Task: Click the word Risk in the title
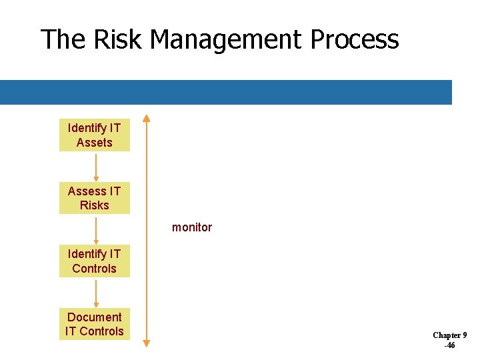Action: pyautogui.click(x=118, y=40)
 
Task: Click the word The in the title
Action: pyautogui.click(x=63, y=40)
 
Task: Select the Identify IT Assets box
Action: pyautogui.click(x=94, y=135)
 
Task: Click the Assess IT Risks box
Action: pyautogui.click(x=94, y=198)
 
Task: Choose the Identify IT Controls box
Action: pyautogui.click(x=94, y=261)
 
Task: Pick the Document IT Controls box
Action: pyautogui.click(x=94, y=324)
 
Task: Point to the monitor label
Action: pyautogui.click(x=192, y=227)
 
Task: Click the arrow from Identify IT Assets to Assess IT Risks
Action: pyautogui.click(x=95, y=167)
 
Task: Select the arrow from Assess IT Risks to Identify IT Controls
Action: pyautogui.click(x=95, y=230)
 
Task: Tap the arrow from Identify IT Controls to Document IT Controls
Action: pyautogui.click(x=95, y=293)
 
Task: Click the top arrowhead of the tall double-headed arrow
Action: pyautogui.click(x=147, y=119)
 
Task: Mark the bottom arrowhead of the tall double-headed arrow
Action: pyautogui.click(x=147, y=343)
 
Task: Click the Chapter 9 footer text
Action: pyautogui.click(x=449, y=335)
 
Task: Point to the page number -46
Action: pyautogui.click(x=449, y=345)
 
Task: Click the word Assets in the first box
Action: pyautogui.click(x=94, y=143)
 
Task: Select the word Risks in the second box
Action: pyautogui.click(x=94, y=205)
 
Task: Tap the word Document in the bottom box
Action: pyautogui.click(x=94, y=317)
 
